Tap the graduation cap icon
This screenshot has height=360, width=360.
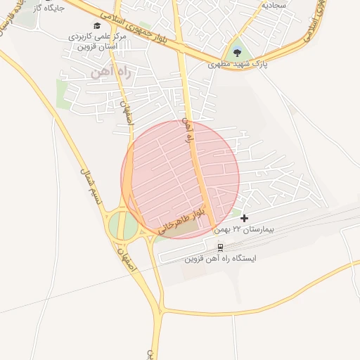point(97,25)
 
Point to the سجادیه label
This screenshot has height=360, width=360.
point(275,4)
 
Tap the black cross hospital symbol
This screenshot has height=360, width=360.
point(244,219)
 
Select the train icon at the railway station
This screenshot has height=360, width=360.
point(221,247)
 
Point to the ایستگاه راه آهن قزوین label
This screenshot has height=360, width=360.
point(221,258)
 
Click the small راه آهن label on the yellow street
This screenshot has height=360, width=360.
point(187,131)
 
